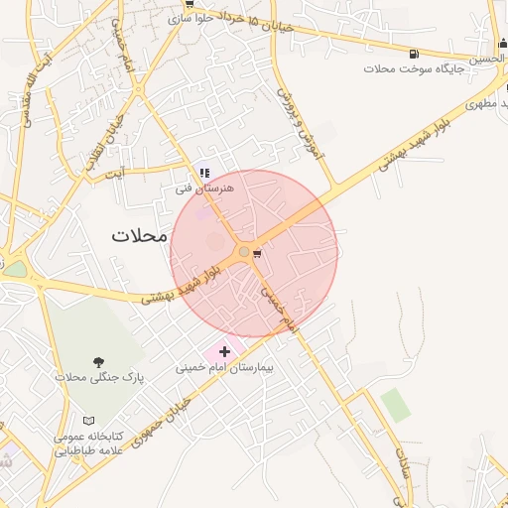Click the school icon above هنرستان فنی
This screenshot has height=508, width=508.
[204, 173]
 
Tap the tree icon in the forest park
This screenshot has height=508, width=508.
[97, 362]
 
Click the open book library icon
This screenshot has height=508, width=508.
[90, 421]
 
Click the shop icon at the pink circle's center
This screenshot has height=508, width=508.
[258, 254]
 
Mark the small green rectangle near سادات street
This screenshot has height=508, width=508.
[395, 405]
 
